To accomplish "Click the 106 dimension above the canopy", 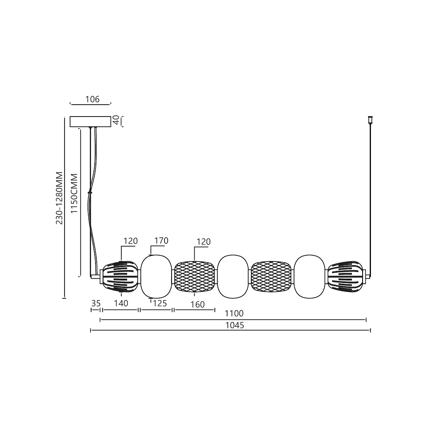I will (x=92, y=99).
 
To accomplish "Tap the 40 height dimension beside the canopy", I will (x=116, y=120).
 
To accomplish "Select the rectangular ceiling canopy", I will (x=90, y=121).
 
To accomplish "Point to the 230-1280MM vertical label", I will (x=59, y=198).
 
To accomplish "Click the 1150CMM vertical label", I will (x=74, y=193).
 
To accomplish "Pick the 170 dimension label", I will (x=161, y=241).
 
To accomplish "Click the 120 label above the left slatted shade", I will (x=130, y=241).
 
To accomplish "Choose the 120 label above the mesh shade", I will (x=203, y=242).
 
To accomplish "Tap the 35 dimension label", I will (x=96, y=304).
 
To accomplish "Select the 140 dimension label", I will (x=121, y=304).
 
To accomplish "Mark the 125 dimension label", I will (x=159, y=304).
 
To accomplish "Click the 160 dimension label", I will (x=197, y=304).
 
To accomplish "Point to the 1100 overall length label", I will (x=234, y=313).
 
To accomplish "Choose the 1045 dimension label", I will (x=235, y=325).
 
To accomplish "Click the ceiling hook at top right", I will (x=371, y=119).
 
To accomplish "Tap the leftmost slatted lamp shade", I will (x=120, y=277).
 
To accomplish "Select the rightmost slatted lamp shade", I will (x=345, y=277).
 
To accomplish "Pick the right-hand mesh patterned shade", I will (x=271, y=277).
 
